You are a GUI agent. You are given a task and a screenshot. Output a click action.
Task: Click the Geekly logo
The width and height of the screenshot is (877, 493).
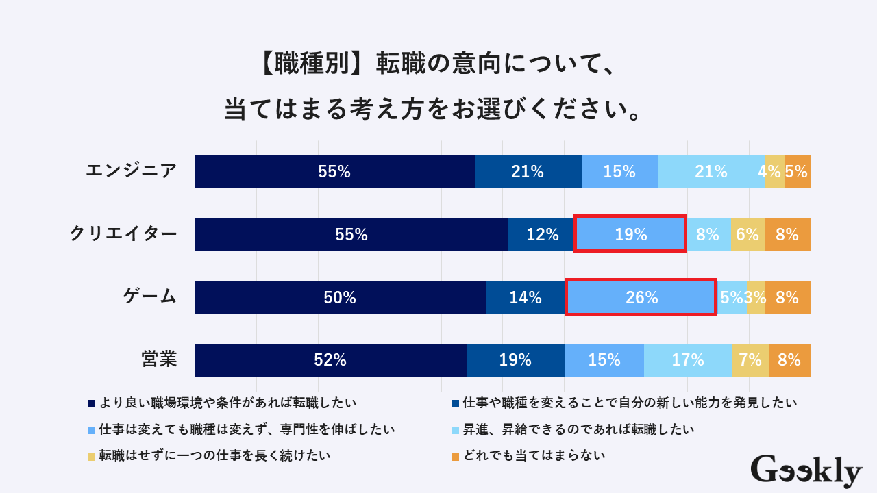(x=806, y=471)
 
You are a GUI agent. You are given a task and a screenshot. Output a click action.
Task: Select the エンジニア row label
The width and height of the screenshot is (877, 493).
(x=132, y=171)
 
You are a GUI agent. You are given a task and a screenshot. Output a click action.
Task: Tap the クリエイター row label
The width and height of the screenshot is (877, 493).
(x=123, y=234)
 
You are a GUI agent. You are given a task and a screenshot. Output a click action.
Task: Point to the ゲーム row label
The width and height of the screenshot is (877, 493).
(x=150, y=297)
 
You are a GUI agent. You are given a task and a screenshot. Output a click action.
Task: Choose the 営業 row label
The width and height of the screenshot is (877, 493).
(x=159, y=359)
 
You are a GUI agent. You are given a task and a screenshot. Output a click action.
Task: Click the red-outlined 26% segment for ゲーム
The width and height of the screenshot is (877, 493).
(x=641, y=297)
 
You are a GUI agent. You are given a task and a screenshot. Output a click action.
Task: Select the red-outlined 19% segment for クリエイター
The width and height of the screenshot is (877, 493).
(x=630, y=234)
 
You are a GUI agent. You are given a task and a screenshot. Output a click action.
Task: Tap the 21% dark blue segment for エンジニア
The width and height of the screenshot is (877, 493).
(x=528, y=172)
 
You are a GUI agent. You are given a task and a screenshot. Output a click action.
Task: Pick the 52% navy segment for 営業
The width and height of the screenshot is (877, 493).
(x=330, y=360)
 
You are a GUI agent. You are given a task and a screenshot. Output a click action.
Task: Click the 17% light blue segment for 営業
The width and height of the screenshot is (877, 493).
(x=688, y=360)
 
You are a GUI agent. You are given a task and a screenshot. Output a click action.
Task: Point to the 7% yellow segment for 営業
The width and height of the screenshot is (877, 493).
(x=750, y=360)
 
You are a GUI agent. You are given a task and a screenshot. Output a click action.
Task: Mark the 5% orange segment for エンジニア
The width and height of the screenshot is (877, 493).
(x=798, y=172)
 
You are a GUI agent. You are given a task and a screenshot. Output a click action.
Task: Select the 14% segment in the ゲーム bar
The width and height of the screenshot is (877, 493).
(x=526, y=297)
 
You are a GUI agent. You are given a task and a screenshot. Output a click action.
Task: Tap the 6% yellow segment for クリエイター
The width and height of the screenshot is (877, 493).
(x=748, y=234)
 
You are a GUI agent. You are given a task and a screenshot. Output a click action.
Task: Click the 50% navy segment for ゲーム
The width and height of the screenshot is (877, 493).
(x=340, y=297)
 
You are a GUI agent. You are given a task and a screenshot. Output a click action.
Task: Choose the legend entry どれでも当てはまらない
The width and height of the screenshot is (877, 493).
(x=534, y=455)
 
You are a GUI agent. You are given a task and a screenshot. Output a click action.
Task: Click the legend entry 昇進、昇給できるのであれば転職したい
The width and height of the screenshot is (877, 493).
(x=578, y=429)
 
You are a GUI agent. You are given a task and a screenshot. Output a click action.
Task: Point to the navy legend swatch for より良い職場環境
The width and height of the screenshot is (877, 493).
(x=91, y=403)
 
